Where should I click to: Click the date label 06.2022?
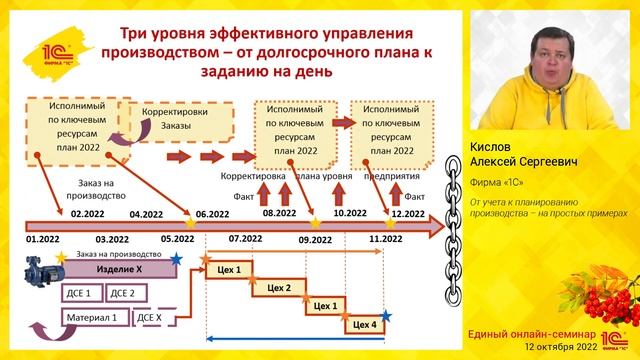(210, 214)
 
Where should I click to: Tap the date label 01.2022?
(44, 240)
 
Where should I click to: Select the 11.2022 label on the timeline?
(385, 240)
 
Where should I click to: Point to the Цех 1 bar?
(229, 270)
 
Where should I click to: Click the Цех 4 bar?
(365, 324)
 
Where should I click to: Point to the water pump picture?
(44, 272)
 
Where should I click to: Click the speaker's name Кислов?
(490, 145)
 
